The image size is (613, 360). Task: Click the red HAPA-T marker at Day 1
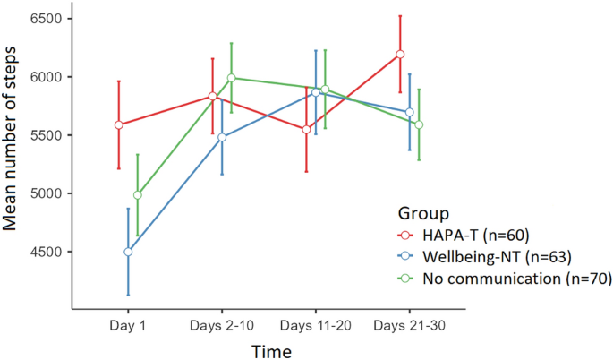coord(119,124)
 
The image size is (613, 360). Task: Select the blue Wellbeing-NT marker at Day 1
coord(128,252)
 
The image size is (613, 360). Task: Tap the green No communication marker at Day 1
coord(137,194)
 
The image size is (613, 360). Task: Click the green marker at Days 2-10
coord(231,78)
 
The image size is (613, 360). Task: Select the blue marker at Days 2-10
coord(222,137)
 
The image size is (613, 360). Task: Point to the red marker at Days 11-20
coord(306,129)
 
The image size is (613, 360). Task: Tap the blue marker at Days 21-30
coord(409,112)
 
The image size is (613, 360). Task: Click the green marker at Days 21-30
coord(418,124)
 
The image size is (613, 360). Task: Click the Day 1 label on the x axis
coord(128,324)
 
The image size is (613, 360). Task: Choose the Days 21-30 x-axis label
coord(409,324)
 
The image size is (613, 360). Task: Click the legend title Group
coord(422,213)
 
